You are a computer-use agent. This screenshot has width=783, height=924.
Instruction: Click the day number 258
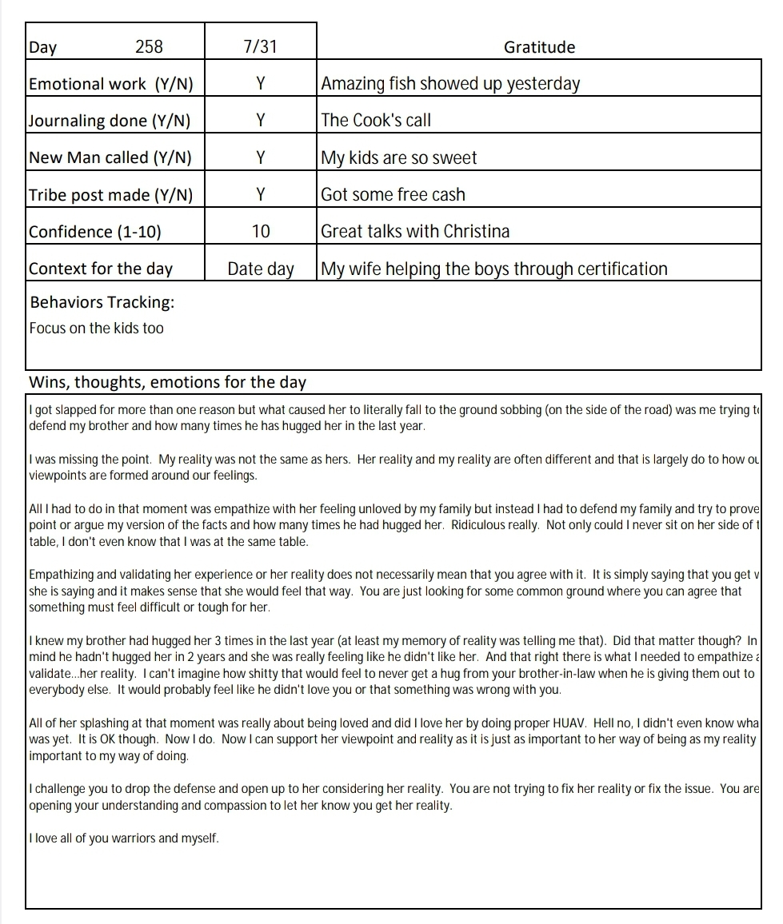pos(149,47)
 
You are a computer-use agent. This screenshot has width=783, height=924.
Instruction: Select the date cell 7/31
pos(260,47)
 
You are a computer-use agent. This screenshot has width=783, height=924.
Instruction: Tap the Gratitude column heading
pos(539,47)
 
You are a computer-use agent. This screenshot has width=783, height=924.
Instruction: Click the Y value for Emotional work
pos(260,84)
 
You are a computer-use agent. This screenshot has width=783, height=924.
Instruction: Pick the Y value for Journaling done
pos(260,121)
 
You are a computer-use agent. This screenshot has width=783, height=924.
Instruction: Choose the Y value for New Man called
pos(260,157)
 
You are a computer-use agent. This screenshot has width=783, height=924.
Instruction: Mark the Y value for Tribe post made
pos(260,194)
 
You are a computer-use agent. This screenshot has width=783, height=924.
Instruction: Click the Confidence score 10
pos(261,232)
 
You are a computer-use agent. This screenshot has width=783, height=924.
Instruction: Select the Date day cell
pos(261,269)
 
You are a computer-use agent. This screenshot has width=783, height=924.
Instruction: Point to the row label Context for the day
pos(101,269)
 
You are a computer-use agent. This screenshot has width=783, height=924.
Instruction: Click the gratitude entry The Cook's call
pos(376,121)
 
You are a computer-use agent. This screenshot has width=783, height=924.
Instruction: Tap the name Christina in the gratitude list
pos(472,232)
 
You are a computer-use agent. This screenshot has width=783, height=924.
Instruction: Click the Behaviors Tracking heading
pos(102,302)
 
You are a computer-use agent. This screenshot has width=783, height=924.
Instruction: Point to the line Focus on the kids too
pos(96,329)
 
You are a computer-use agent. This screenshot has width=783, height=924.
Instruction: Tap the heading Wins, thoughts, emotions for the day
pos(167,382)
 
